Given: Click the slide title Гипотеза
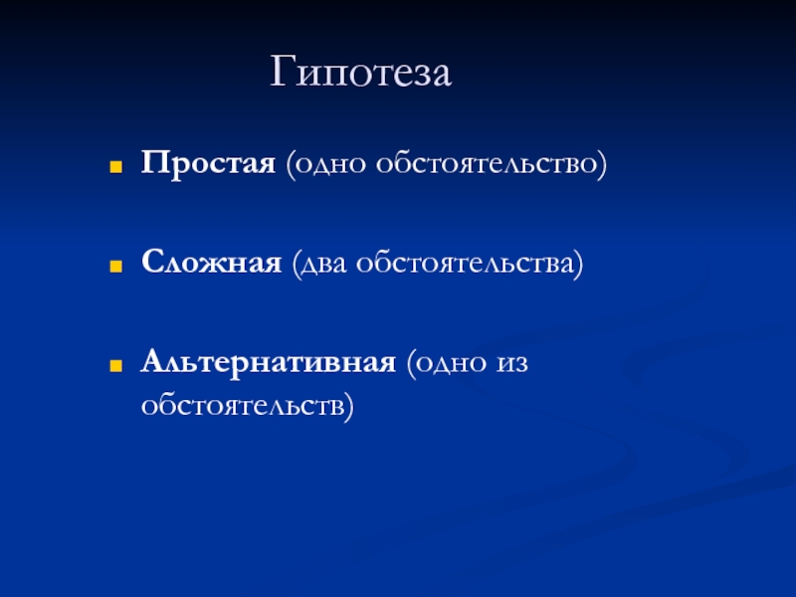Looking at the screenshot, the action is [x=360, y=72].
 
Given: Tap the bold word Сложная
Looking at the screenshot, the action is [x=211, y=263].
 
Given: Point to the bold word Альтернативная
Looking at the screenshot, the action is [x=268, y=363].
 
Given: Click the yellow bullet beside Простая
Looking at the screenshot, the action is [x=116, y=167].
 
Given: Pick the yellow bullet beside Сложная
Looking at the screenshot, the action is [x=116, y=266].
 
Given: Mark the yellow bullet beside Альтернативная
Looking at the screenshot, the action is [x=116, y=365].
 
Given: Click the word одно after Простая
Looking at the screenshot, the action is [x=330, y=165].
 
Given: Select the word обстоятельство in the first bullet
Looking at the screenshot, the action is [x=487, y=163].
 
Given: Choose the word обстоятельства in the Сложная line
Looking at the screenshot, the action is [x=465, y=263].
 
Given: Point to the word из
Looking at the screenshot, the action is [x=511, y=364].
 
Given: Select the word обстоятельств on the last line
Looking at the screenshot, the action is [x=243, y=406].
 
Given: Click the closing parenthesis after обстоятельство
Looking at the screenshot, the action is [x=602, y=164].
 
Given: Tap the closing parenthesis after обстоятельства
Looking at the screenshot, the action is [x=579, y=264].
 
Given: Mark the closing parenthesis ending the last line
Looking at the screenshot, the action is [x=349, y=407].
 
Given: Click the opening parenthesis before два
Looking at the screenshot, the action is [x=297, y=264].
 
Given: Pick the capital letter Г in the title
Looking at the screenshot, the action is [x=283, y=71].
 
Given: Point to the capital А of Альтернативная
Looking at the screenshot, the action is [x=154, y=361].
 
